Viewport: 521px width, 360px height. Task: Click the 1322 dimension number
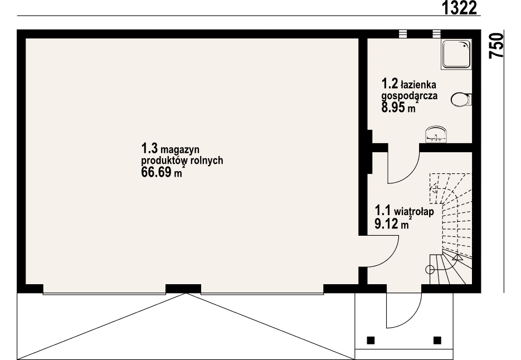[460, 8]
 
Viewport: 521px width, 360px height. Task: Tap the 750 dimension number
[496, 46]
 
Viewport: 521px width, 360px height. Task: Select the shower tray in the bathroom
[456, 54]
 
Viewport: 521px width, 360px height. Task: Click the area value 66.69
[157, 173]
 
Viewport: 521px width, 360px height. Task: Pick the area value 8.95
[393, 108]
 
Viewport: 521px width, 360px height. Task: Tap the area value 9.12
[386, 224]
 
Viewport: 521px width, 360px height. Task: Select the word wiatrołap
[413, 211]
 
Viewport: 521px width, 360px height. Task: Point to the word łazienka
[418, 85]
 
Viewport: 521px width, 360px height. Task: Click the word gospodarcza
[410, 96]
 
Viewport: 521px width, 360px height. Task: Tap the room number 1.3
[149, 147]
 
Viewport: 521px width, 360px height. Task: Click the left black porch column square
[371, 340]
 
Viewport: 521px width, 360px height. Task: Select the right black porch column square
[437, 340]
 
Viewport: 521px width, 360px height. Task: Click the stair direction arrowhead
[457, 256]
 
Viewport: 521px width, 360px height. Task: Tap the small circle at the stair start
[430, 270]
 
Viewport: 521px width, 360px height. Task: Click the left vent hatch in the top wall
[403, 33]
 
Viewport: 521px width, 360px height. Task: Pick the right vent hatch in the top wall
[436, 33]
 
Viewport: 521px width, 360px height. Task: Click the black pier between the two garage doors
[183, 288]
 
